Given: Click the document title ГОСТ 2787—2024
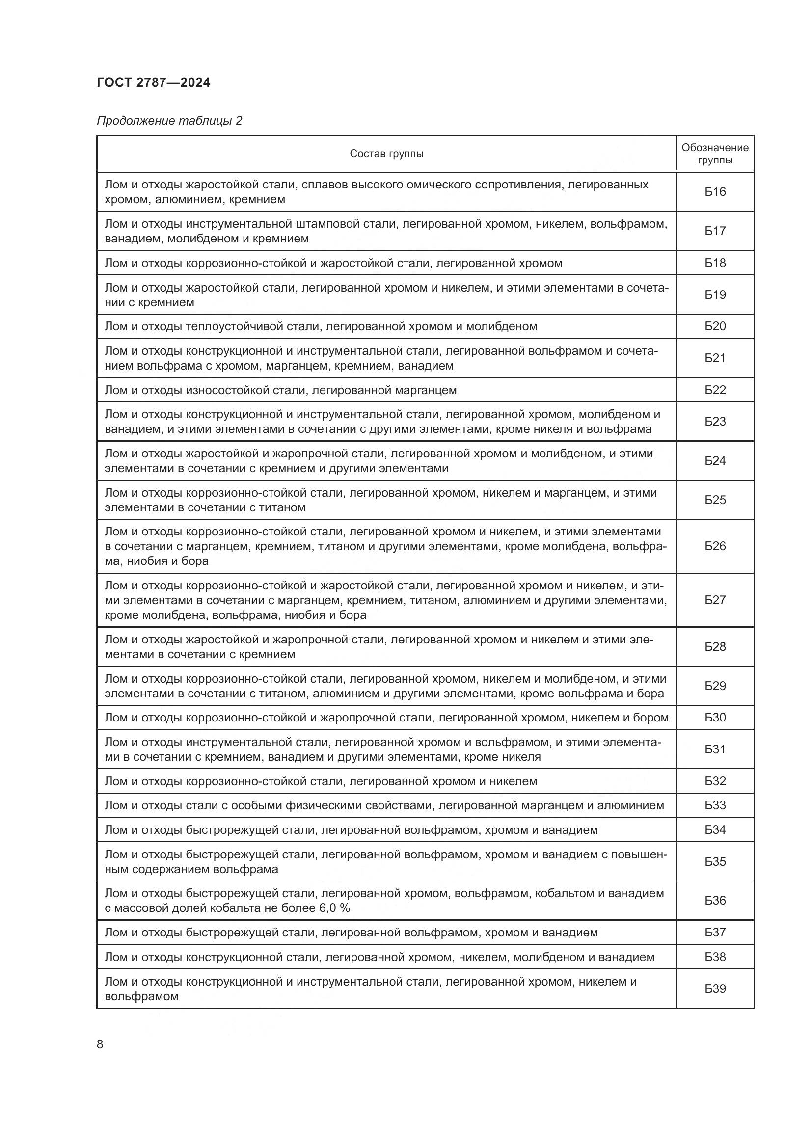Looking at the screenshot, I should point(154,82).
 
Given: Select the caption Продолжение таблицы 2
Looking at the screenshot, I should point(169,121).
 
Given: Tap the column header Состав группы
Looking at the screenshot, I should point(386,154).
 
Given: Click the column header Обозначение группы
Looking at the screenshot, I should point(715,154).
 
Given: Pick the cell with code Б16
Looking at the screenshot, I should point(715,192).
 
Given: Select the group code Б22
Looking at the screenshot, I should point(715,390).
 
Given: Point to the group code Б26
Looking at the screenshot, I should point(715,546).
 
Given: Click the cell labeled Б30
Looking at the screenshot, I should point(715,718).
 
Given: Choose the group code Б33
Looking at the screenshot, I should point(715,805).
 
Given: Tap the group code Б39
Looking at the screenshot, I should point(715,988).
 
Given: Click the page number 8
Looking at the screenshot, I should point(100,1044).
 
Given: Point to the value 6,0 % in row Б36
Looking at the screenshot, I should point(334,908).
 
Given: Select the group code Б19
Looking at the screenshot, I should point(715,294).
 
